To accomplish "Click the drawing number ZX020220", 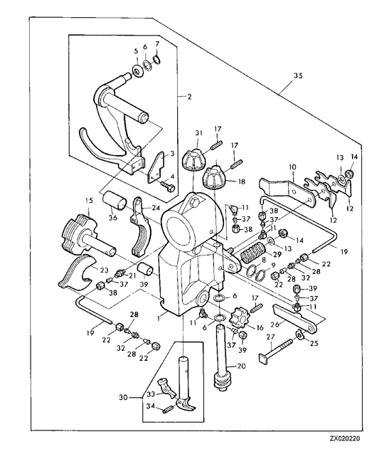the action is coord(345,438).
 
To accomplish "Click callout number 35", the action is coord(298,76).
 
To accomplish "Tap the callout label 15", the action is coord(89,201).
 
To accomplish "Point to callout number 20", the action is coord(242,366).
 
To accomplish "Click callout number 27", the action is coord(271,337).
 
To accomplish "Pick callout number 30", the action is coord(124,398).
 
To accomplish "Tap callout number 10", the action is coord(293,167).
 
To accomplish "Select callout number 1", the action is coord(159,317).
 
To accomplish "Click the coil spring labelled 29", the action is coord(252,253).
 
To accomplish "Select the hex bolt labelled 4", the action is coord(168,186).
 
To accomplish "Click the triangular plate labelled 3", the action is coord(155,167).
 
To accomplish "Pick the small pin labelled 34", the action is coord(168,408).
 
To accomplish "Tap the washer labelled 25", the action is coord(299,334).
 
